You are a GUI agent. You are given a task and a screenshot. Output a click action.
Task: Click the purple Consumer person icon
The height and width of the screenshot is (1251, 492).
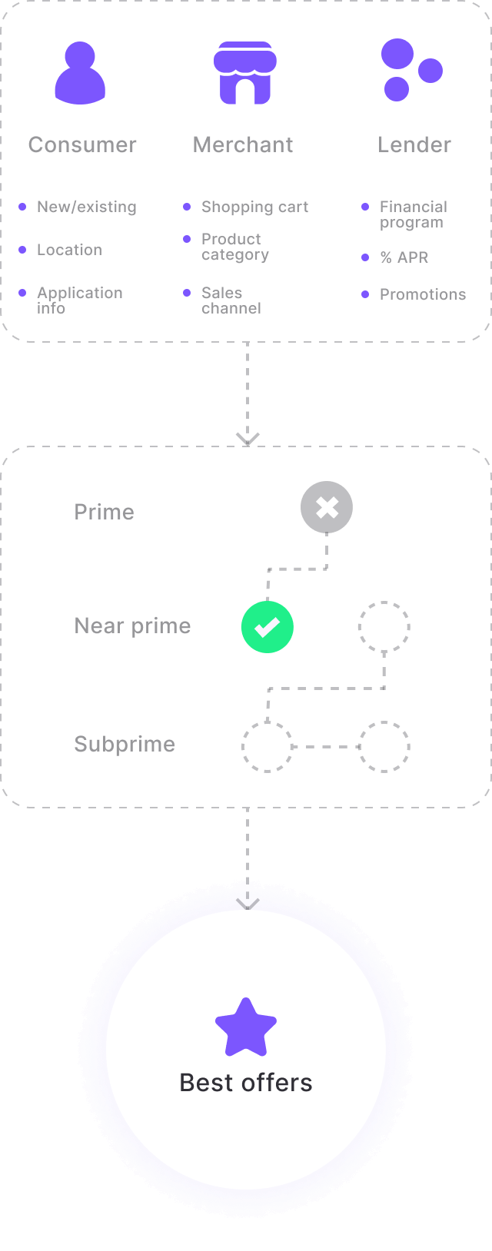tap(80, 73)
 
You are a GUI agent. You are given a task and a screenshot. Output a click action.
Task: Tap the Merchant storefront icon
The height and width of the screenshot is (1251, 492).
tap(244, 73)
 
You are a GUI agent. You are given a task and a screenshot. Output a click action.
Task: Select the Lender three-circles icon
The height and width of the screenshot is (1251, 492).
tap(411, 70)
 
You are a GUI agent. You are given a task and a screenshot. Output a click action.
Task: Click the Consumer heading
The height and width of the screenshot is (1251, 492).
tap(82, 144)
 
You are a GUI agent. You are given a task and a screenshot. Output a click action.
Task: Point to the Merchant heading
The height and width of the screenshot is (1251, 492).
tap(243, 144)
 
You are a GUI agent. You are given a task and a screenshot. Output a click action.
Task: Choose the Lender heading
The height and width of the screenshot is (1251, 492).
tap(414, 144)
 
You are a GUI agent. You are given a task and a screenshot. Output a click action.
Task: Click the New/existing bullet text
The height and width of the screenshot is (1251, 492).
tap(87, 207)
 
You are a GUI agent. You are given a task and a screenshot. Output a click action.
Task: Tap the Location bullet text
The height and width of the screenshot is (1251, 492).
tap(69, 250)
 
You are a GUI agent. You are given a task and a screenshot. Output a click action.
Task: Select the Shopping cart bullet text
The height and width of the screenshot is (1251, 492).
tap(254, 207)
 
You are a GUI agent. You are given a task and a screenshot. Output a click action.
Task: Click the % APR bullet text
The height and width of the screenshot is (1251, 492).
tap(404, 257)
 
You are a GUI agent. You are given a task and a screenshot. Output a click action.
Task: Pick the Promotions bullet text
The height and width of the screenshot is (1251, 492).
tap(423, 294)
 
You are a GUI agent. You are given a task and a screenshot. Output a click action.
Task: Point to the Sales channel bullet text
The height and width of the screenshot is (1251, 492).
tap(231, 300)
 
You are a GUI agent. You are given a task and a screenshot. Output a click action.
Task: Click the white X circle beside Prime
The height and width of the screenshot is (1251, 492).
tap(327, 507)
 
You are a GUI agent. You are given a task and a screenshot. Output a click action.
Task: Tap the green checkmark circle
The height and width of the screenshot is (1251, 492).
tap(268, 627)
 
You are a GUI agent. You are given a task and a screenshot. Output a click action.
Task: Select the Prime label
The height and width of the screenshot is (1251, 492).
tap(104, 512)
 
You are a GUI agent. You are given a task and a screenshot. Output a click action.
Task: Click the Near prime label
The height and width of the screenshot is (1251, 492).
tap(132, 625)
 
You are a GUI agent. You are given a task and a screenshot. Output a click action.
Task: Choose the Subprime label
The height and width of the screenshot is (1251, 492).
tap(125, 744)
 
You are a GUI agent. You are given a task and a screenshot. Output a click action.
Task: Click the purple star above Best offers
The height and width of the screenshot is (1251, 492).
tap(246, 1027)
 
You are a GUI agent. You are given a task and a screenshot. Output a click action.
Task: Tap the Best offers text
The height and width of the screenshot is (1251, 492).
tap(246, 1083)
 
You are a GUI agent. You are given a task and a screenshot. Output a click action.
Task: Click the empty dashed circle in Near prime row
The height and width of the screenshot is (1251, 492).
tap(384, 627)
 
